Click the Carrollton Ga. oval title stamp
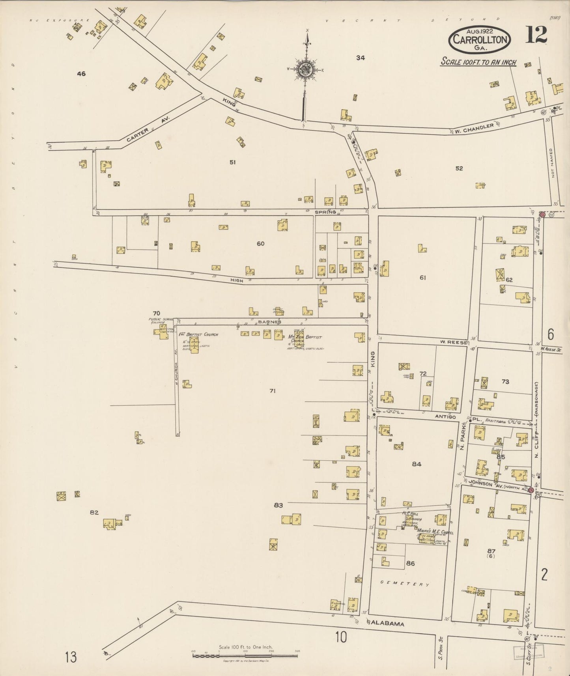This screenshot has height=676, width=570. point(479,39)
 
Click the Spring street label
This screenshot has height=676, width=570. point(325,212)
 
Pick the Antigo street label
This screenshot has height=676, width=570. point(445,417)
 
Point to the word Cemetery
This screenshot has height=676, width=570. point(405,584)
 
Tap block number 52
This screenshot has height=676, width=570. point(459,168)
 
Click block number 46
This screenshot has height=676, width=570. point(81,74)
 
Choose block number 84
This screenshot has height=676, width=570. point(417,464)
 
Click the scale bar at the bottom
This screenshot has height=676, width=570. point(245,655)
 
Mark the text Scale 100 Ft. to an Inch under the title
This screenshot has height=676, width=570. point(478,62)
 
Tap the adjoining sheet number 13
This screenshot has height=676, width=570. point(71,657)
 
